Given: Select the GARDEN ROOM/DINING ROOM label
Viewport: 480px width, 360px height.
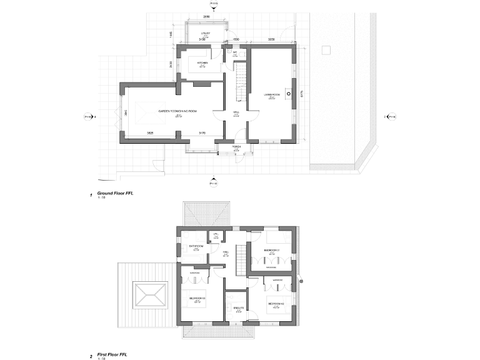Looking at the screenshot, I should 177,111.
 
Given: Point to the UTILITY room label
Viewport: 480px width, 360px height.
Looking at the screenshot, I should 204,33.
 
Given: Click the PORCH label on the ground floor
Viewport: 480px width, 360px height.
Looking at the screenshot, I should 236,146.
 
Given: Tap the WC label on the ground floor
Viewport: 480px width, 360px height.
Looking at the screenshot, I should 235,53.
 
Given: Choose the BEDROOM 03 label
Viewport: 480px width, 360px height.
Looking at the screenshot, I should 197,298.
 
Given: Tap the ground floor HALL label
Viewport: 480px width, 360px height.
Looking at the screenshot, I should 236,112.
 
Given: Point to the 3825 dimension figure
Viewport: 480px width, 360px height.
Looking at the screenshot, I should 150,133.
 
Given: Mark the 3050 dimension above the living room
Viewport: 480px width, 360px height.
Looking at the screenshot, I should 271,39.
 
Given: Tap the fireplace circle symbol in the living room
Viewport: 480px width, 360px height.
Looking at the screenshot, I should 288,95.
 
